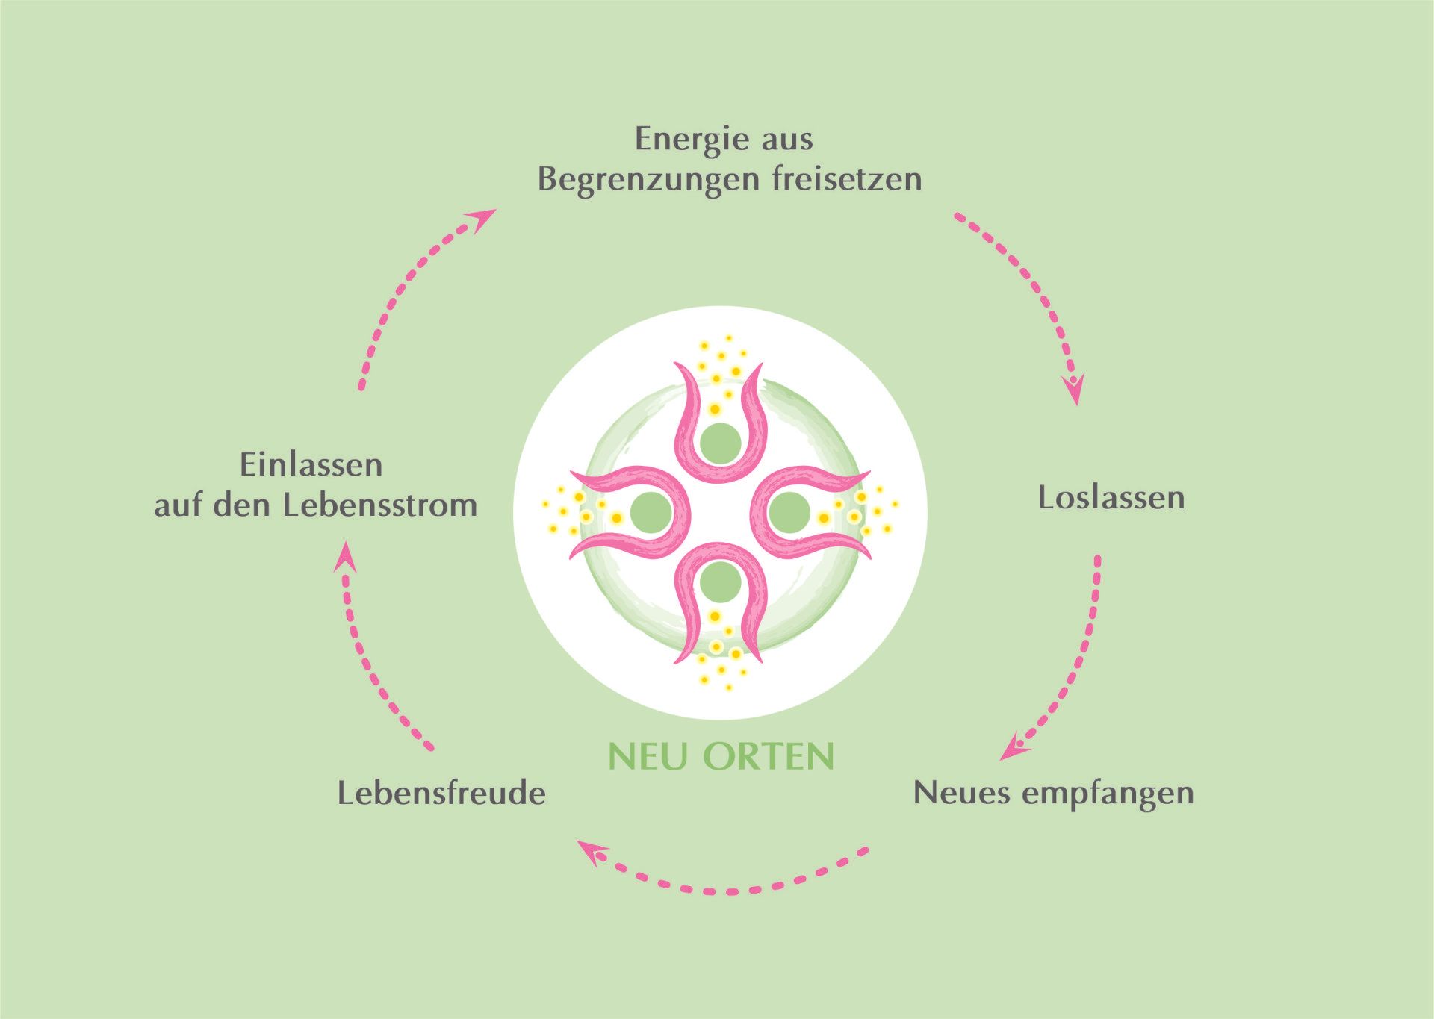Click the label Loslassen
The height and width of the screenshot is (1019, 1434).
point(1111,498)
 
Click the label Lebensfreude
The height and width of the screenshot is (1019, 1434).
point(441,793)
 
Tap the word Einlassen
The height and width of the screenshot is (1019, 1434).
point(311,465)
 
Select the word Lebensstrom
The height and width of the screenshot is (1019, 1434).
point(380,505)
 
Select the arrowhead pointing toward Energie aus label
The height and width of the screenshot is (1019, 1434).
point(482,219)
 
